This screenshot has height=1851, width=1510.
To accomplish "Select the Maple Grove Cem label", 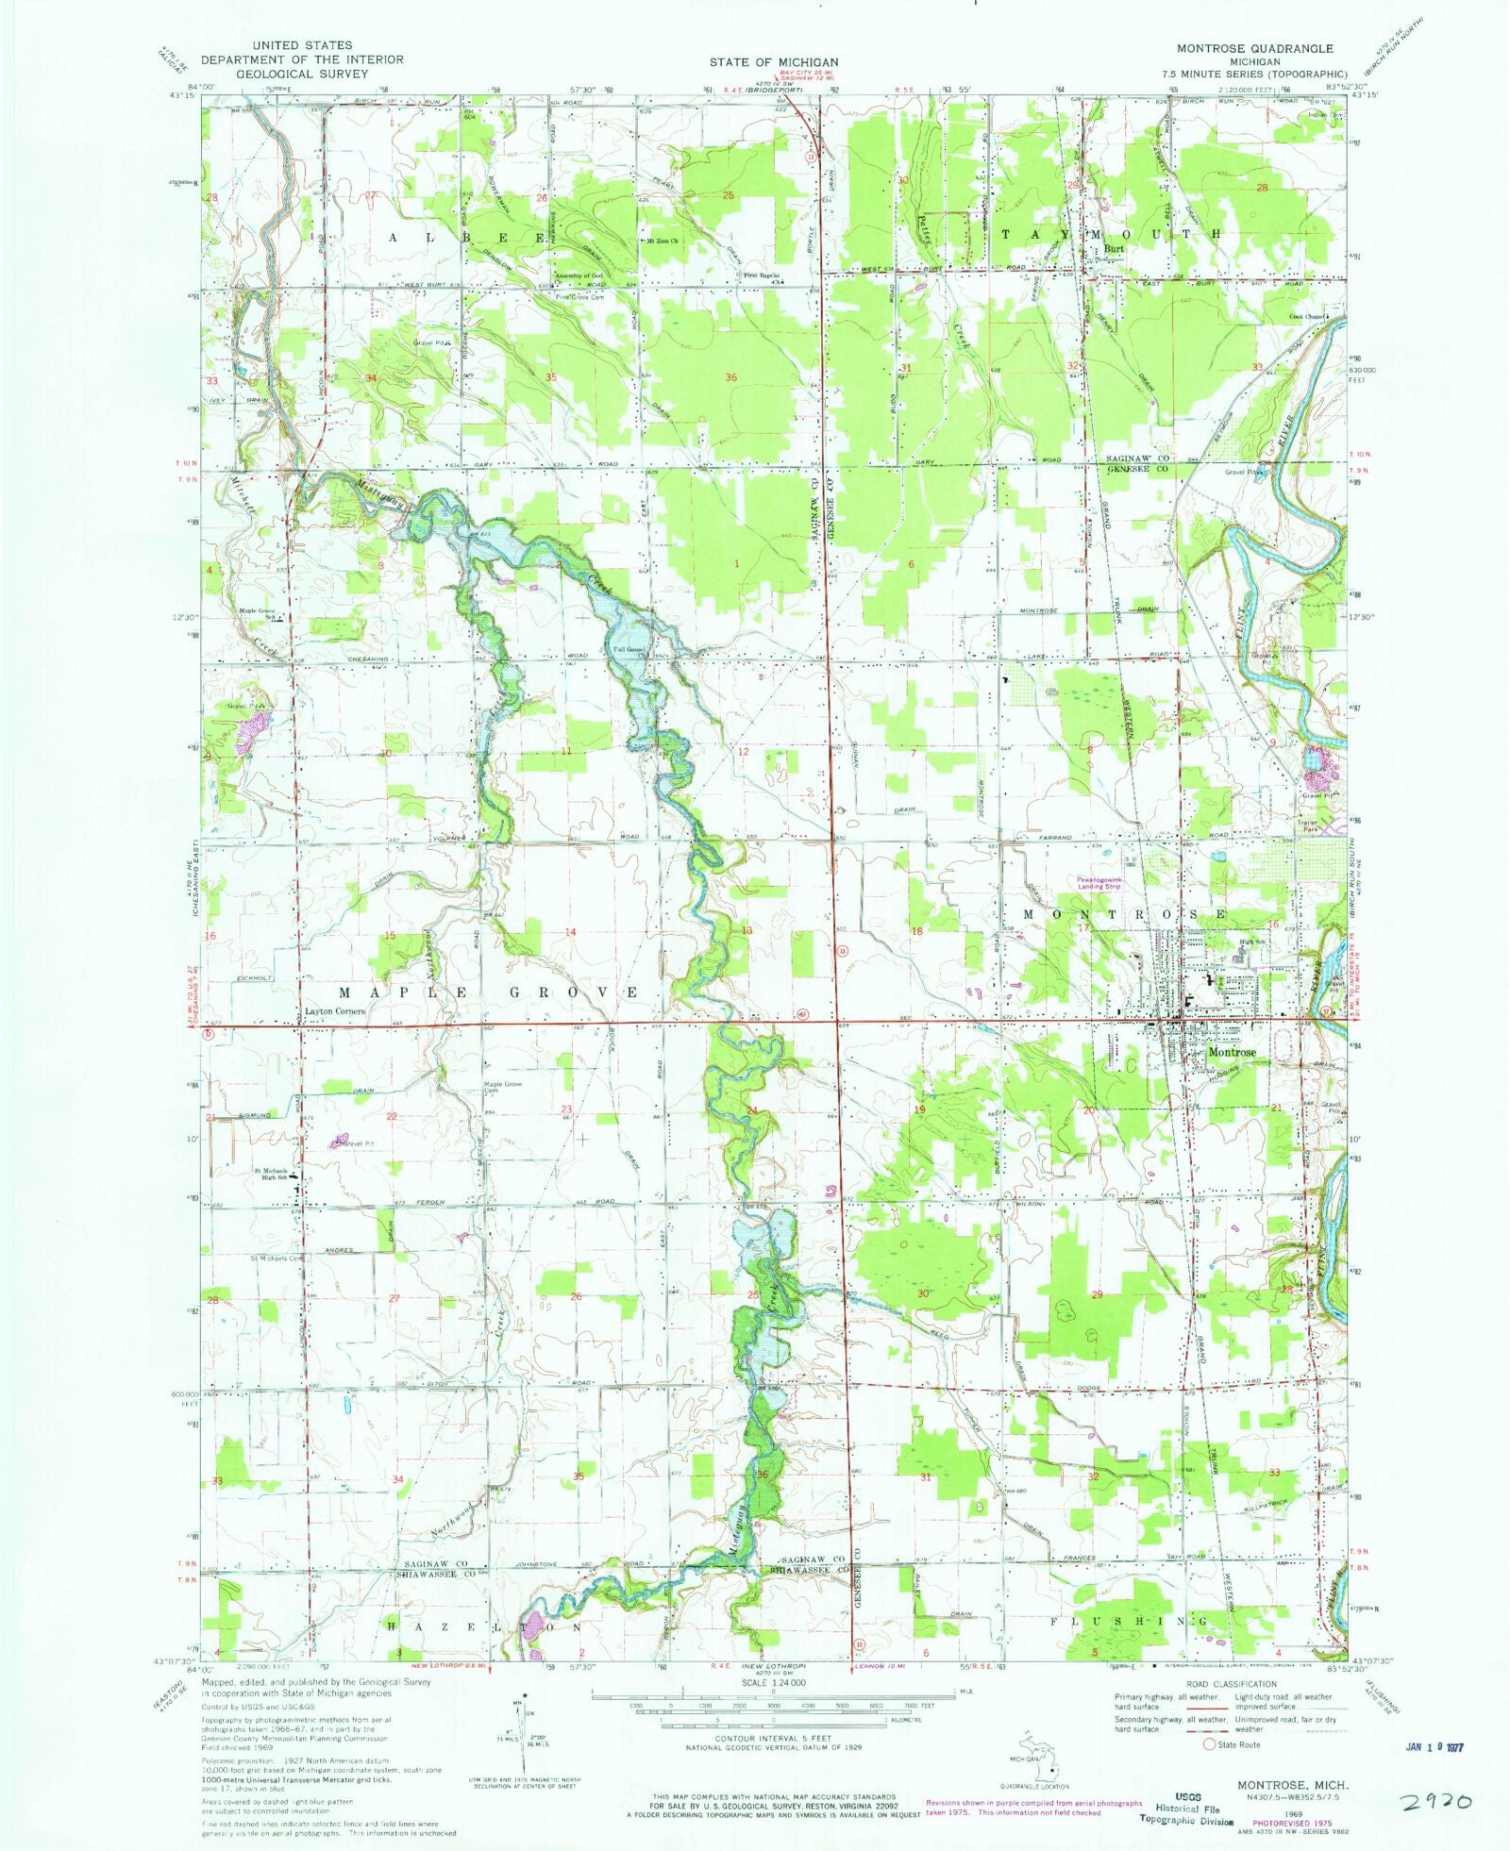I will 503,1087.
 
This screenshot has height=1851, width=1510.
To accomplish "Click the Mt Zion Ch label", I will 662,240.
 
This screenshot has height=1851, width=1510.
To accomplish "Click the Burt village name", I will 1115,250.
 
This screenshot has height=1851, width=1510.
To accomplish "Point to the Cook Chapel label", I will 1309,317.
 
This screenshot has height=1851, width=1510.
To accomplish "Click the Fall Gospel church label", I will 629,649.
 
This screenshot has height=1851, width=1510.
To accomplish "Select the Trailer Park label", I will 1306,824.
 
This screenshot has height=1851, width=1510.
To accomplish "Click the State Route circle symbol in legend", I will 1208,1744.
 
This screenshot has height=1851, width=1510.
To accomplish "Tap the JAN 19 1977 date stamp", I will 1434,1746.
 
